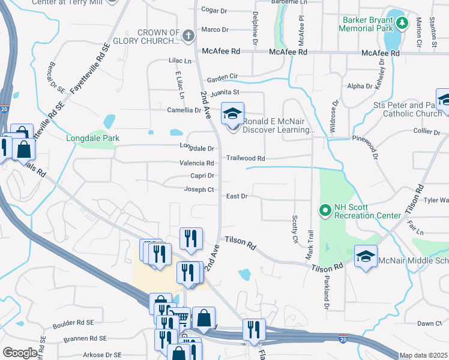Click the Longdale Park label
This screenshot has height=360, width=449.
92,139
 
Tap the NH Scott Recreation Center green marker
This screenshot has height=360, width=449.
325,210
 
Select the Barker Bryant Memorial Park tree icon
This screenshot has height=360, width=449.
403,23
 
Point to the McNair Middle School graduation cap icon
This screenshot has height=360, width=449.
365,257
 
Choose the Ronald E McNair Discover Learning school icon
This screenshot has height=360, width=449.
232,112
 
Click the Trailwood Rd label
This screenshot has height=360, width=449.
245,158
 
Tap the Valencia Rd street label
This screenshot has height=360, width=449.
197,163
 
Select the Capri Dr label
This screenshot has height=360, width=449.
203,176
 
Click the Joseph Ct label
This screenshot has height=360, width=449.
199,190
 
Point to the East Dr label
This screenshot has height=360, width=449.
237,196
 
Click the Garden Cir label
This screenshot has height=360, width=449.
223,79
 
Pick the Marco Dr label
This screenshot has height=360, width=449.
215,29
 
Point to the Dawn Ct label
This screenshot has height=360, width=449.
429,323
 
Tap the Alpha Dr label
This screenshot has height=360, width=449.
361,86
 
